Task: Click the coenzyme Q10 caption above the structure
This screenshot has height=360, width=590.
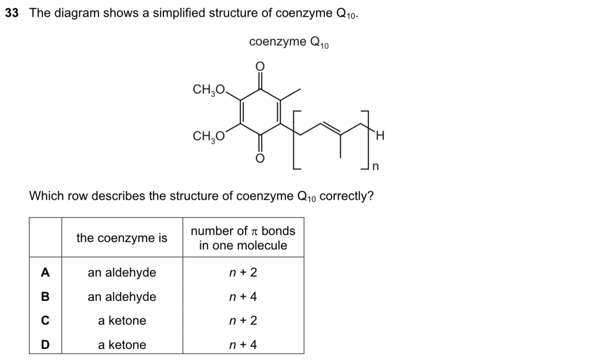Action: pyautogui.click(x=289, y=42)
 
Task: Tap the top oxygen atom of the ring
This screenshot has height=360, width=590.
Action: pyautogui.click(x=260, y=65)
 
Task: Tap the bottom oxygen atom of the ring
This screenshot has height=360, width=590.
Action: pyautogui.click(x=260, y=159)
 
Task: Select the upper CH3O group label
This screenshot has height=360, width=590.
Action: pyautogui.click(x=209, y=89)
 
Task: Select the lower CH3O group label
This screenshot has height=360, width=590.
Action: pyautogui.click(x=209, y=136)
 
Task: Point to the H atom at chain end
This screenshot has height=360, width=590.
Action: pyautogui.click(x=379, y=136)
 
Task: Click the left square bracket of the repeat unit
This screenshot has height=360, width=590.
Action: pyautogui.click(x=294, y=140)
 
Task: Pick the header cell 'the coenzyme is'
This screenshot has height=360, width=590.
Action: pyautogui.click(x=121, y=238)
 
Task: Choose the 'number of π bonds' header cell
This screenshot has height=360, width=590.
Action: pyautogui.click(x=243, y=238)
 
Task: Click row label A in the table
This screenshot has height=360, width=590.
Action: pyautogui.click(x=45, y=273)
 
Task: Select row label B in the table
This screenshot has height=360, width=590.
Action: pyautogui.click(x=45, y=297)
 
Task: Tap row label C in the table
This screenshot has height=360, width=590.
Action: pyautogui.click(x=45, y=321)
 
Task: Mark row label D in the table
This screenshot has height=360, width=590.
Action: pyautogui.click(x=45, y=345)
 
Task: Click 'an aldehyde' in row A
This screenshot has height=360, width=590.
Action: pyautogui.click(x=122, y=273)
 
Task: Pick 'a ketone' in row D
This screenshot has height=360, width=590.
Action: pyautogui.click(x=122, y=345)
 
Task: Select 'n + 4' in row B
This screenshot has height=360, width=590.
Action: pyautogui.click(x=243, y=297)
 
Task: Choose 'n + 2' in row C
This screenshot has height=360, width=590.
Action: pyautogui.click(x=243, y=321)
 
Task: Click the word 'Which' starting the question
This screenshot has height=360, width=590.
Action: pyautogui.click(x=43, y=196)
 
